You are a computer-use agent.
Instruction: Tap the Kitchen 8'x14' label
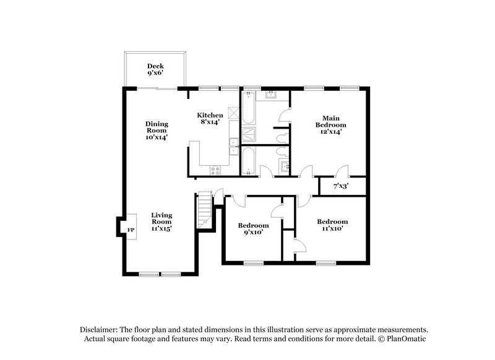point(210,119)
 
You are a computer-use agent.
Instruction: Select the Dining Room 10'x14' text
point(157,131)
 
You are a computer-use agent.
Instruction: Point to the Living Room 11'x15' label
point(161,222)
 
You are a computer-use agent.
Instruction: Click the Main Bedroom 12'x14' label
point(330,124)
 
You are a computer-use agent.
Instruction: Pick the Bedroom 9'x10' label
point(254,229)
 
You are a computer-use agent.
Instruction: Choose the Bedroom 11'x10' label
point(332,225)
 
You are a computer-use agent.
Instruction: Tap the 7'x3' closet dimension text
point(341,186)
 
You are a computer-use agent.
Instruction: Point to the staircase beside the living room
point(204,210)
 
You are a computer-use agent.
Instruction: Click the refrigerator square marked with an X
point(233,114)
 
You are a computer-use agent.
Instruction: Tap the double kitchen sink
point(233,147)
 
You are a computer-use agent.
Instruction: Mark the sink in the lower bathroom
point(285,166)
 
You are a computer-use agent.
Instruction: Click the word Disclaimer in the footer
point(100,330)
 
